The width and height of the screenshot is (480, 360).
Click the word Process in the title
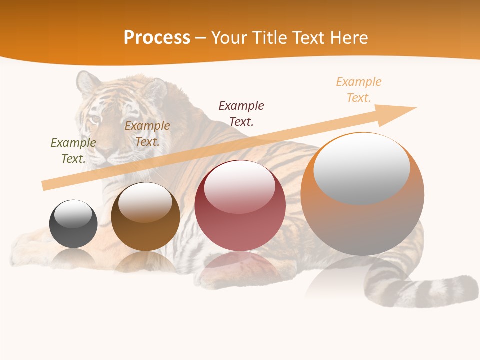point(157,38)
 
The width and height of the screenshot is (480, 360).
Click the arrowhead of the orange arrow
point(400,114)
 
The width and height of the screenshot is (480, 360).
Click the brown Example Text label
point(147,134)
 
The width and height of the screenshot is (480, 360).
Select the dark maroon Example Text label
point(241,113)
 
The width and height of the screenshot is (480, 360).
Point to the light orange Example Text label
point(359,90)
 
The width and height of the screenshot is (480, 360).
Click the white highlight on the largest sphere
point(361,167)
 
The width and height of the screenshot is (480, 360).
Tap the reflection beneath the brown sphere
point(145,262)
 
